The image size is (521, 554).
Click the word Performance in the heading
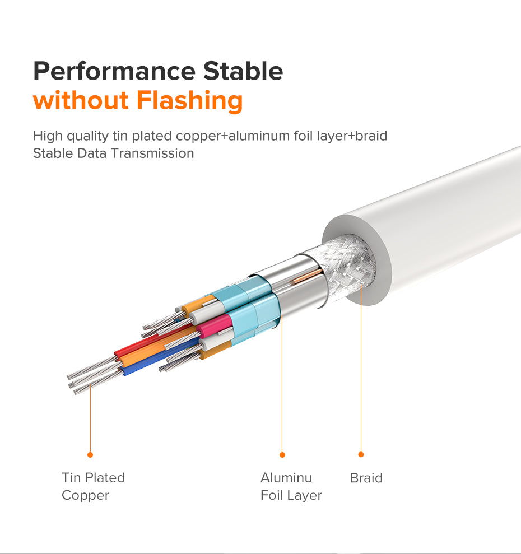[x=114, y=71]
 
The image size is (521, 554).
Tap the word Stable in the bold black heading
[x=243, y=71]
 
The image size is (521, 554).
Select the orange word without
[x=81, y=100]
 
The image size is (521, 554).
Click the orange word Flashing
[x=189, y=101]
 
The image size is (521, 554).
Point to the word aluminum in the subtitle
[x=259, y=136]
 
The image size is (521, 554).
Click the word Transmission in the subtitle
[x=153, y=153]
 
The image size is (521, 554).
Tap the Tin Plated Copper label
[x=94, y=486]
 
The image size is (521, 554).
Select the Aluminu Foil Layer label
[x=291, y=486]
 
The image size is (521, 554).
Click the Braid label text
[x=366, y=478]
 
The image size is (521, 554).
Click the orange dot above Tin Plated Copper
[x=90, y=455]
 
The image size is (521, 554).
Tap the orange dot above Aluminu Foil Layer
[x=282, y=455]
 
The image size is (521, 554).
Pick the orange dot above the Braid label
[x=361, y=454]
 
